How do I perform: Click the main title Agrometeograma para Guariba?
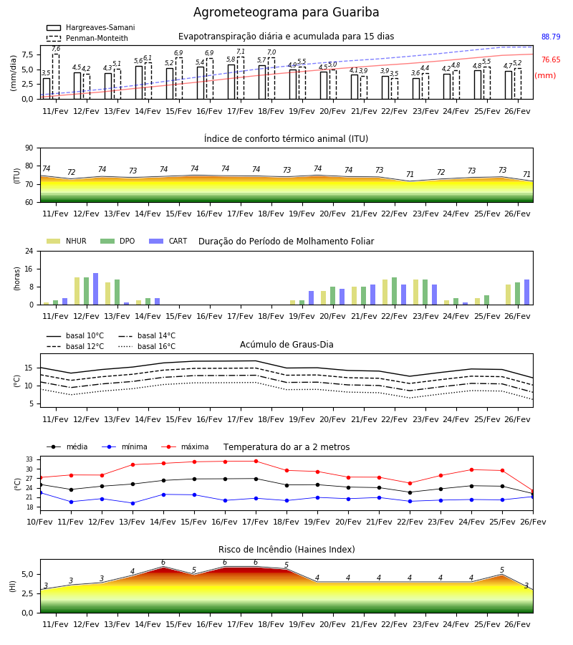coord(286,12)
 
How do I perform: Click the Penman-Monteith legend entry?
coord(87,38)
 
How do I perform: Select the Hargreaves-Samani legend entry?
coord(90,27)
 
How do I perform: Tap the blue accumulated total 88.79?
coord(551,37)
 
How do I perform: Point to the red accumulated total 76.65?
coord(551,59)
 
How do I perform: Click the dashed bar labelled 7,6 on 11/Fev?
coord(55,77)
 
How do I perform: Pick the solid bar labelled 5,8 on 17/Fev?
coord(231,82)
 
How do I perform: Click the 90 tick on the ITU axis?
coord(29,148)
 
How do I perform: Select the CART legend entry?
coord(168,241)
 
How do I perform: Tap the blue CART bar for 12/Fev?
coord(96,289)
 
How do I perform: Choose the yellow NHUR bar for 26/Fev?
coord(508,295)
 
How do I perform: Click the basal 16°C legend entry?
coord(147,346)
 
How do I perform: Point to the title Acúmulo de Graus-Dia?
coord(286,344)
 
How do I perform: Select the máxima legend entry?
coord(185,446)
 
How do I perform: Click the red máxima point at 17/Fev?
coord(256,461)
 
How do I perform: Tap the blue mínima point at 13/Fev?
coord(133,503)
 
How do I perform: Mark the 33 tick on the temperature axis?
coord(29,459)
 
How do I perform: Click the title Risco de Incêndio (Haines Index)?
coord(286,549)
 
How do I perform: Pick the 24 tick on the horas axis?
coord(29,251)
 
